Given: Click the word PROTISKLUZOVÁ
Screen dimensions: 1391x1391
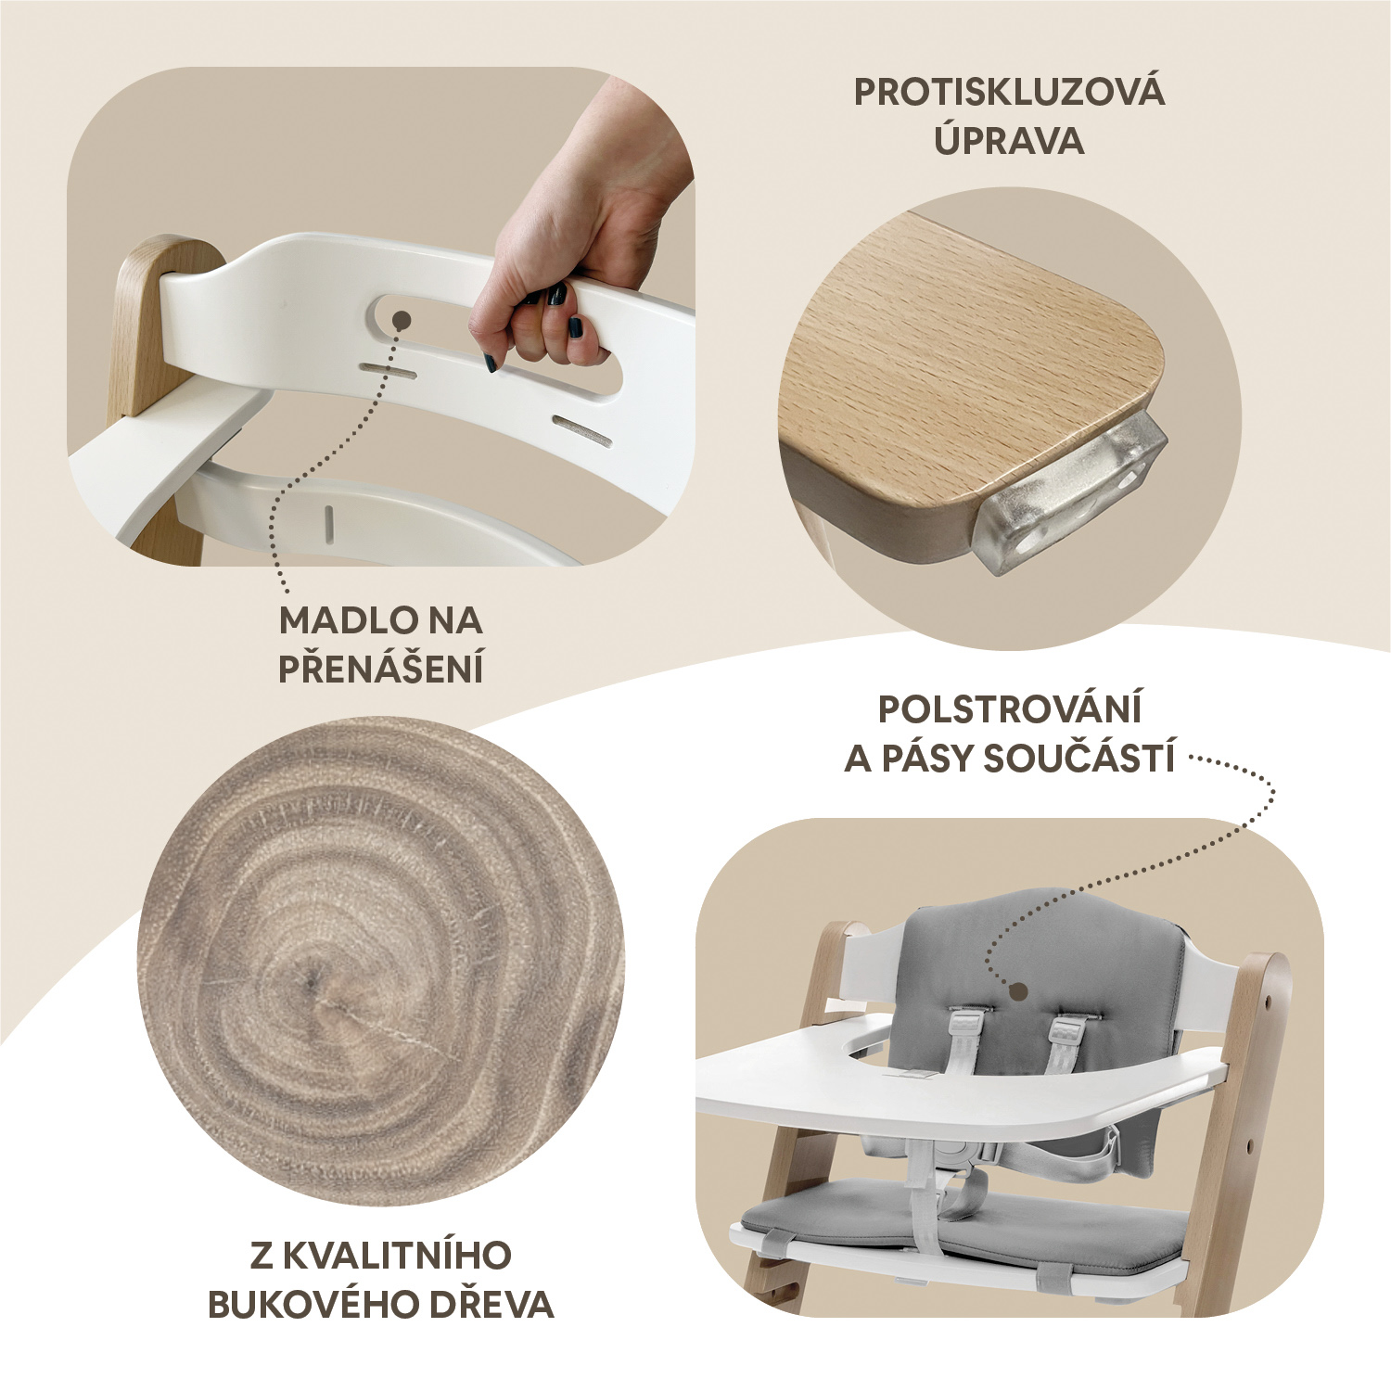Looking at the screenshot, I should pos(1009,93).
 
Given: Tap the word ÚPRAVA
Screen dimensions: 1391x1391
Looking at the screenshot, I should pos(1009,141).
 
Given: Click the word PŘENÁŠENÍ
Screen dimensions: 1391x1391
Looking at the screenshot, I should pos(381,669).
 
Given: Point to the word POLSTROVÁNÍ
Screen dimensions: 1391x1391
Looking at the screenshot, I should pos(1009,709).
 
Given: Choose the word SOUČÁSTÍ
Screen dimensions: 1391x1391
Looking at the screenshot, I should pos(1078,759).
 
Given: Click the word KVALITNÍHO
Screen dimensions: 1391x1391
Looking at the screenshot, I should pos(397,1256).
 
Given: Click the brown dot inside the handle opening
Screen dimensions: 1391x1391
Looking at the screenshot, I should pos(402,320).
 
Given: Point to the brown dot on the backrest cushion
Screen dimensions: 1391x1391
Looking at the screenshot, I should pos(1018,992).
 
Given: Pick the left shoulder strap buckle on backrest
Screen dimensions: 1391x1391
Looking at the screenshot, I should pos(967,1025).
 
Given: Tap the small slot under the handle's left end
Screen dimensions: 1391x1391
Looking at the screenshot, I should pos(388,371).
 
